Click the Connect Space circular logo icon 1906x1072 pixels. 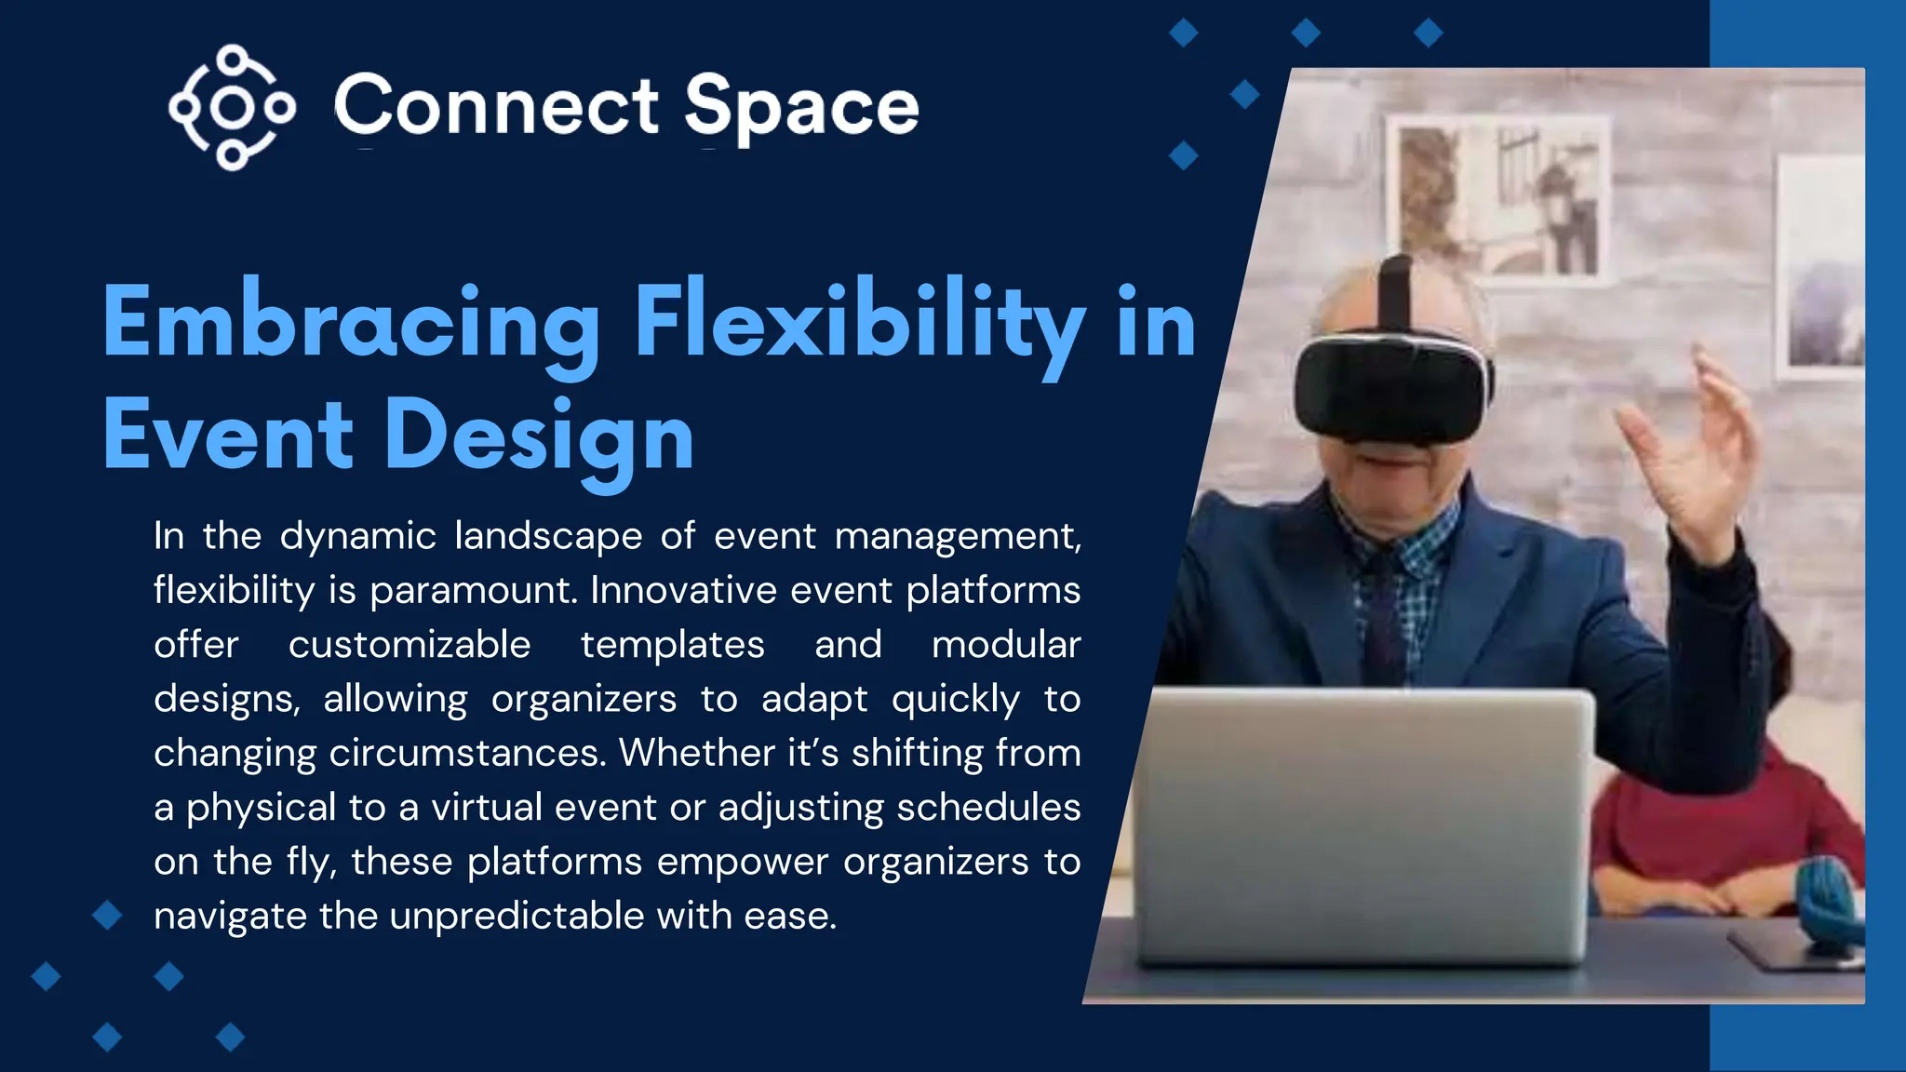coord(232,107)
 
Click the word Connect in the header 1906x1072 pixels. coord(496,106)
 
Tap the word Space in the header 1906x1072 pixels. coord(801,108)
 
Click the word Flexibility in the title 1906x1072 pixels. coord(858,323)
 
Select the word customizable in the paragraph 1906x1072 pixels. coord(409,645)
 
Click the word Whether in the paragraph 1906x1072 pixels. coord(696,754)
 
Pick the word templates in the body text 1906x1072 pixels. coord(672,645)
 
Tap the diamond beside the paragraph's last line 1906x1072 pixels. coord(108,916)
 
